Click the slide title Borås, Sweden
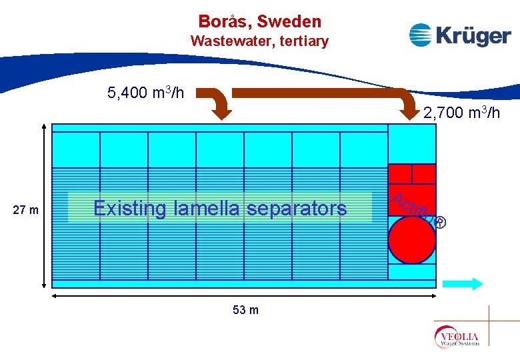coord(259,21)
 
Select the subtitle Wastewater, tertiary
coord(259,41)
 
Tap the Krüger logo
coord(459,35)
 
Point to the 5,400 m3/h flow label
coord(145,93)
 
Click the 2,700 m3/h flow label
coord(461,113)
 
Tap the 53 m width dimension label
coord(246,310)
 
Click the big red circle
coord(411,239)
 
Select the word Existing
coord(129,209)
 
